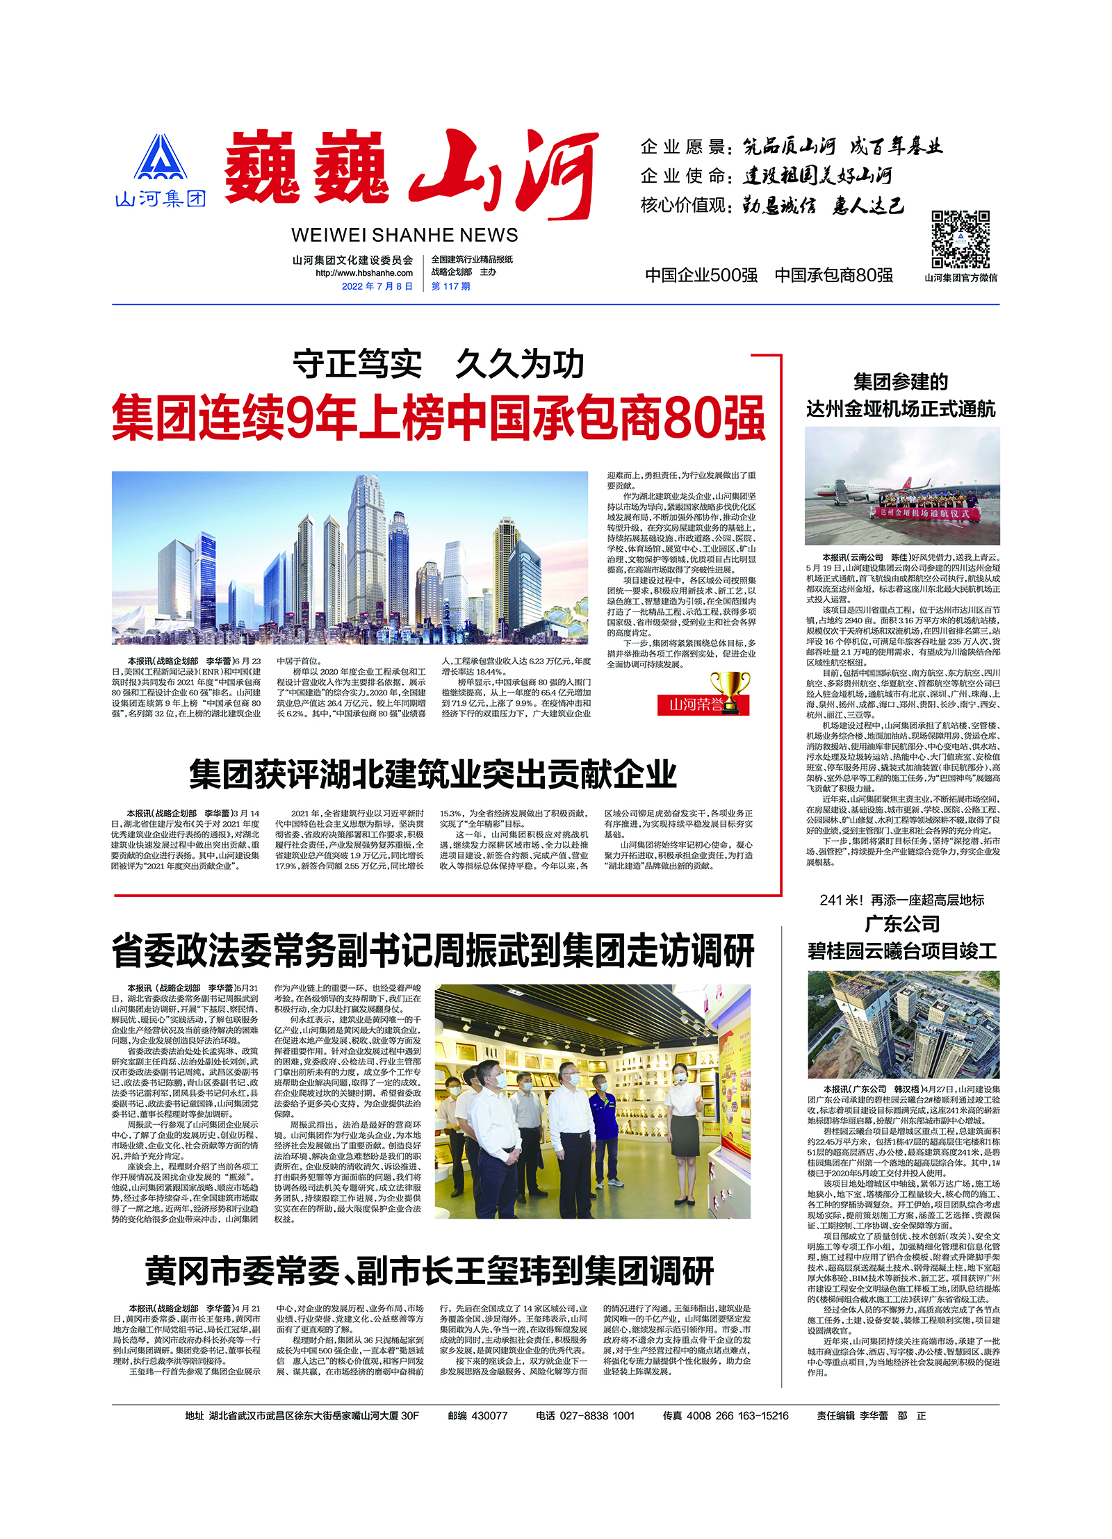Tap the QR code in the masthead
tap(960, 239)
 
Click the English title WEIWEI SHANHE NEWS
tap(404, 235)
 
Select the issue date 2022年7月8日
tap(377, 286)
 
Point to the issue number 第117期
tap(450, 286)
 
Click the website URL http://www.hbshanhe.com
tap(363, 273)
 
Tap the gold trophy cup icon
tap(730, 689)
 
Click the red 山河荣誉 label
tap(695, 705)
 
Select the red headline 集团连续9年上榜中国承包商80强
tap(438, 418)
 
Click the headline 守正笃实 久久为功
tap(438, 365)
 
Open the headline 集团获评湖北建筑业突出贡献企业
tap(432, 774)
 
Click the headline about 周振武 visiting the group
tap(432, 951)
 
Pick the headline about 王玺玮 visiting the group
tap(429, 1271)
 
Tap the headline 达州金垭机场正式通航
tap(901, 409)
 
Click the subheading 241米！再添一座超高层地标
tap(901, 900)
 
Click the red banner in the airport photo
tap(924, 513)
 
